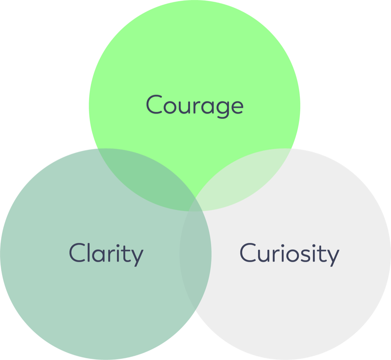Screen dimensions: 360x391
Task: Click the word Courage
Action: (x=195, y=105)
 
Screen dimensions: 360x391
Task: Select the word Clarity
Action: (x=106, y=254)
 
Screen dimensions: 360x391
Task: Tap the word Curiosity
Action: (x=289, y=254)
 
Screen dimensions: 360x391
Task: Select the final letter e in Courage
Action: (x=236, y=106)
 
